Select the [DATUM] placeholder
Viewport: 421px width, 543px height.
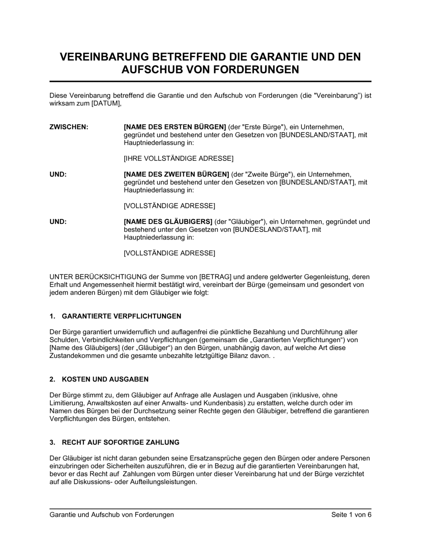106,104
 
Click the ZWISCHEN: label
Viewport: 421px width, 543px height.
69,127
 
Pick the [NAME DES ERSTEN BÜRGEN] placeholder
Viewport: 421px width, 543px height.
175,127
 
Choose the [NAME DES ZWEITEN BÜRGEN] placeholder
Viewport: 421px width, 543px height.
176,174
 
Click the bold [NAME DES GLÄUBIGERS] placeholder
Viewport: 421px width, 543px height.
168,221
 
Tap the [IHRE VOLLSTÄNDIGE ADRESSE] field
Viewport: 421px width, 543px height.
179,159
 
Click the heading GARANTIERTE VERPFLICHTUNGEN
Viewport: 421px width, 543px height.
121,316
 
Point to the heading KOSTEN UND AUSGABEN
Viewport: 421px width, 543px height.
105,379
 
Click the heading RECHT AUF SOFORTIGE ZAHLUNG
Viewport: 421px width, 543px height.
120,442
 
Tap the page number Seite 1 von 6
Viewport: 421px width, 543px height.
351,515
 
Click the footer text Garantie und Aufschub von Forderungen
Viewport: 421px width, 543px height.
112,515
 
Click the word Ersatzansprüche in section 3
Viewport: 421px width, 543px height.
223,458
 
